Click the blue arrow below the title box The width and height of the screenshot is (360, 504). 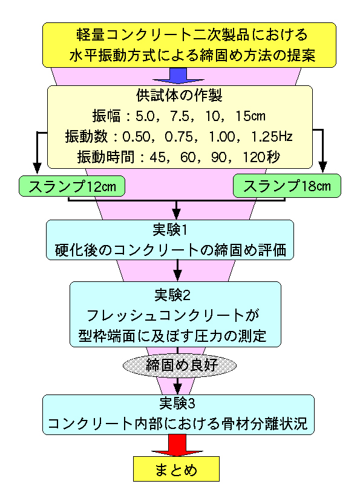click(x=178, y=76)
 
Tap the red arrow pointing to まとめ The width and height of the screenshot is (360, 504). click(x=177, y=445)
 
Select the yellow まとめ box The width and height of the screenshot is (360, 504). click(x=176, y=469)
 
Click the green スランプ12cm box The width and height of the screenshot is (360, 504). click(x=71, y=186)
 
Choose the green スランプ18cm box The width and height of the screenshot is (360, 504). click(x=287, y=186)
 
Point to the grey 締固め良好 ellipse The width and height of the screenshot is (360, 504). click(x=180, y=365)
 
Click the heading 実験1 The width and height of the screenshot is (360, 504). click(x=169, y=230)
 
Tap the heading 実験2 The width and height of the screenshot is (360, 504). click(x=172, y=295)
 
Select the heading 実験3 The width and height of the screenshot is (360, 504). click(x=177, y=404)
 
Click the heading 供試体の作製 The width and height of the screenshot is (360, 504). click(x=179, y=96)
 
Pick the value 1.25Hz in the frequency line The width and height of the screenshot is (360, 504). click(x=272, y=137)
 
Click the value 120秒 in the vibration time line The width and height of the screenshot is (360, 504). click(x=261, y=157)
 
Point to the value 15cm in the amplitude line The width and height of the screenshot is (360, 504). click(x=250, y=116)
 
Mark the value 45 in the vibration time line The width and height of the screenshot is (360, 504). click(x=157, y=157)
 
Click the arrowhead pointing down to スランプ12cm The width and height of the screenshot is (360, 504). click(x=38, y=168)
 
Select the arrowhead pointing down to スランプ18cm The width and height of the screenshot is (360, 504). click(x=322, y=167)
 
